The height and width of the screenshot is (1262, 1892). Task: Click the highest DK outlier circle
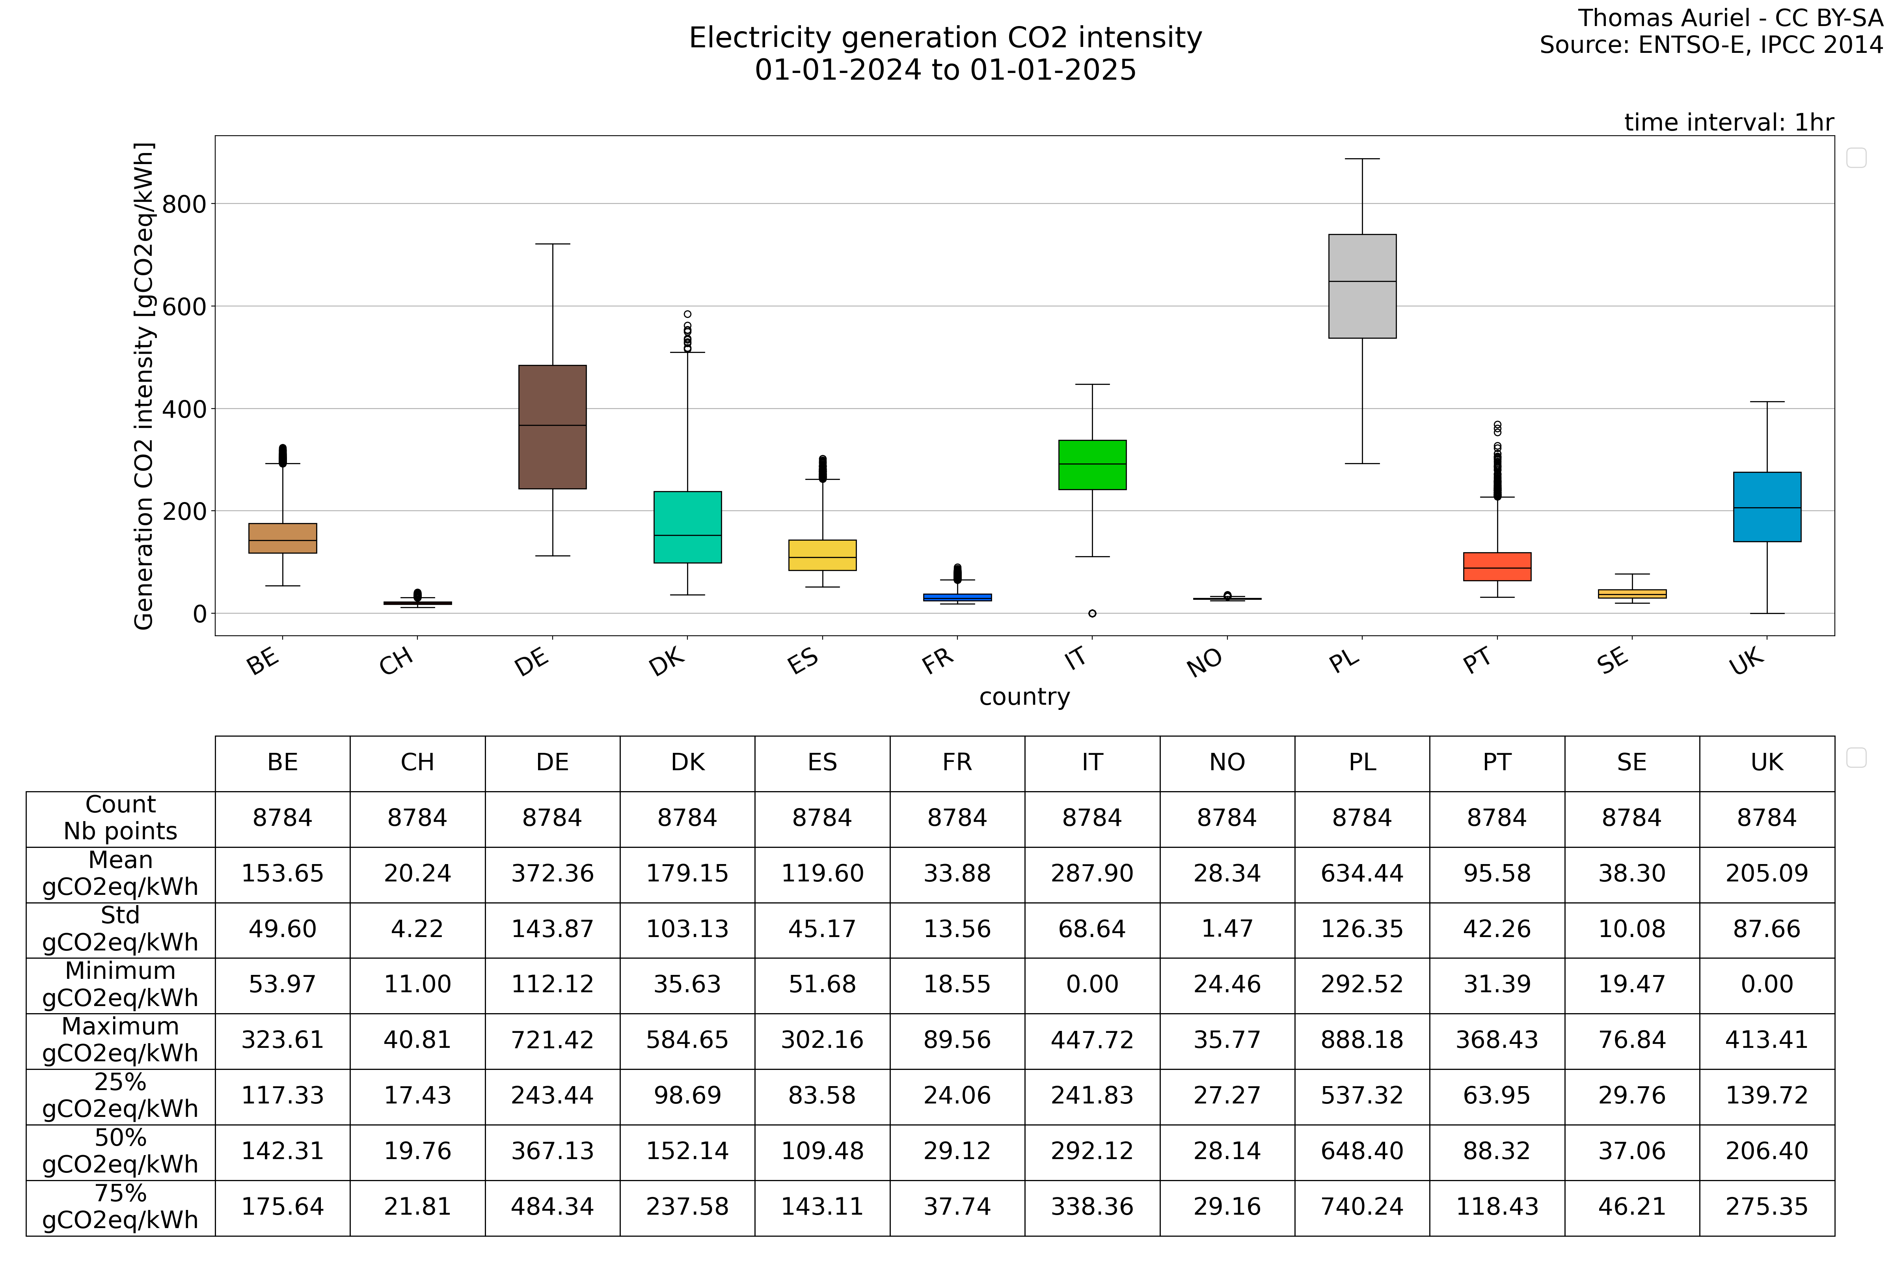pyautogui.click(x=688, y=315)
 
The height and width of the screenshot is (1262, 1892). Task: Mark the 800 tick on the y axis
pyautogui.click(x=184, y=204)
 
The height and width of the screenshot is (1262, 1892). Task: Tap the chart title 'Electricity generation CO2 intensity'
pyautogui.click(x=945, y=38)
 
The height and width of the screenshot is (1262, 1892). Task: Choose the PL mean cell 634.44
pyautogui.click(x=1362, y=873)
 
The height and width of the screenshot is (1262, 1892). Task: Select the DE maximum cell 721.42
pyautogui.click(x=553, y=1040)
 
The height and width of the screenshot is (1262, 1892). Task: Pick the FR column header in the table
pyautogui.click(x=957, y=762)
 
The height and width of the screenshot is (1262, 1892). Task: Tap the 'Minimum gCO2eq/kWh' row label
pyautogui.click(x=121, y=984)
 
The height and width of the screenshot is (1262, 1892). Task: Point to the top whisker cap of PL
pyautogui.click(x=1362, y=159)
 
